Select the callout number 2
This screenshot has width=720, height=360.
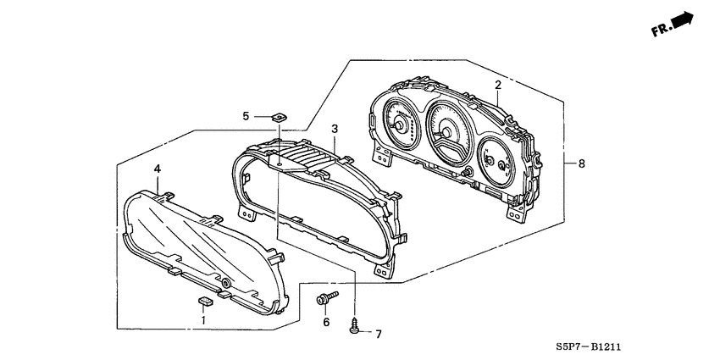[498, 85]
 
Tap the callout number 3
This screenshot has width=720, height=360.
[335, 129]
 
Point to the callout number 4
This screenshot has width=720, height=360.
[157, 169]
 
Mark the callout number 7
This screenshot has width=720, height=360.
[378, 334]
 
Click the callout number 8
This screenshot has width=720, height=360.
[579, 163]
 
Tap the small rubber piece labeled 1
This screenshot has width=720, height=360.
[203, 300]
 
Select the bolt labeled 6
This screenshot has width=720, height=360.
[326, 297]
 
